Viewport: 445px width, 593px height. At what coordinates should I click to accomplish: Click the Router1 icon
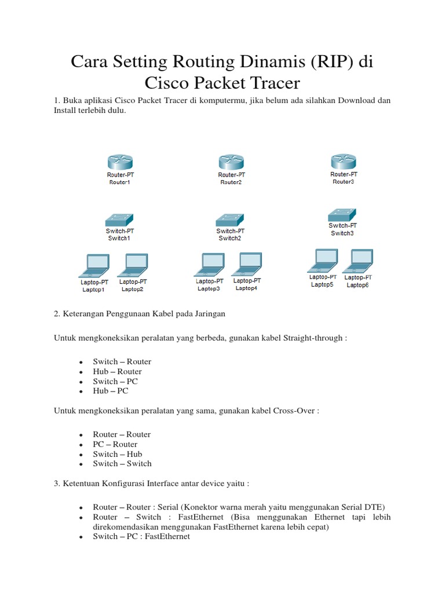click(x=119, y=162)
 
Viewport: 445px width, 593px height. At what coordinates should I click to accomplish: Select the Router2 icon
click(x=231, y=162)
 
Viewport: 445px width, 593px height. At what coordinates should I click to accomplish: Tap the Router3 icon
click(x=344, y=162)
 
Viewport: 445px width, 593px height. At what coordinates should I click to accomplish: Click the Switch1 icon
click(x=119, y=219)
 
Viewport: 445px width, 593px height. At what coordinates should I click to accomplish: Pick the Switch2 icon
click(x=230, y=219)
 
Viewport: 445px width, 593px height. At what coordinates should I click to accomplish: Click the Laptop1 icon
click(x=94, y=265)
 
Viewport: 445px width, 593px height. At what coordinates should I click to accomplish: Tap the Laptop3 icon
click(x=209, y=265)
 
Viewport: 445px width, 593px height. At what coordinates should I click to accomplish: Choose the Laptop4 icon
click(x=247, y=264)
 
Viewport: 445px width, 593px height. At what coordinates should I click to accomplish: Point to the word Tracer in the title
click(x=274, y=82)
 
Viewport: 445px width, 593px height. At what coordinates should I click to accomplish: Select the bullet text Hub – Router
click(x=117, y=372)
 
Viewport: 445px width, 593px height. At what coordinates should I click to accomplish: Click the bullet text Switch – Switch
click(x=122, y=463)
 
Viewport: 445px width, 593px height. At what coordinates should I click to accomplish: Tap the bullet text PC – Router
click(x=115, y=444)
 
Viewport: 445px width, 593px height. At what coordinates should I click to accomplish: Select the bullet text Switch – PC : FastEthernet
click(x=141, y=537)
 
